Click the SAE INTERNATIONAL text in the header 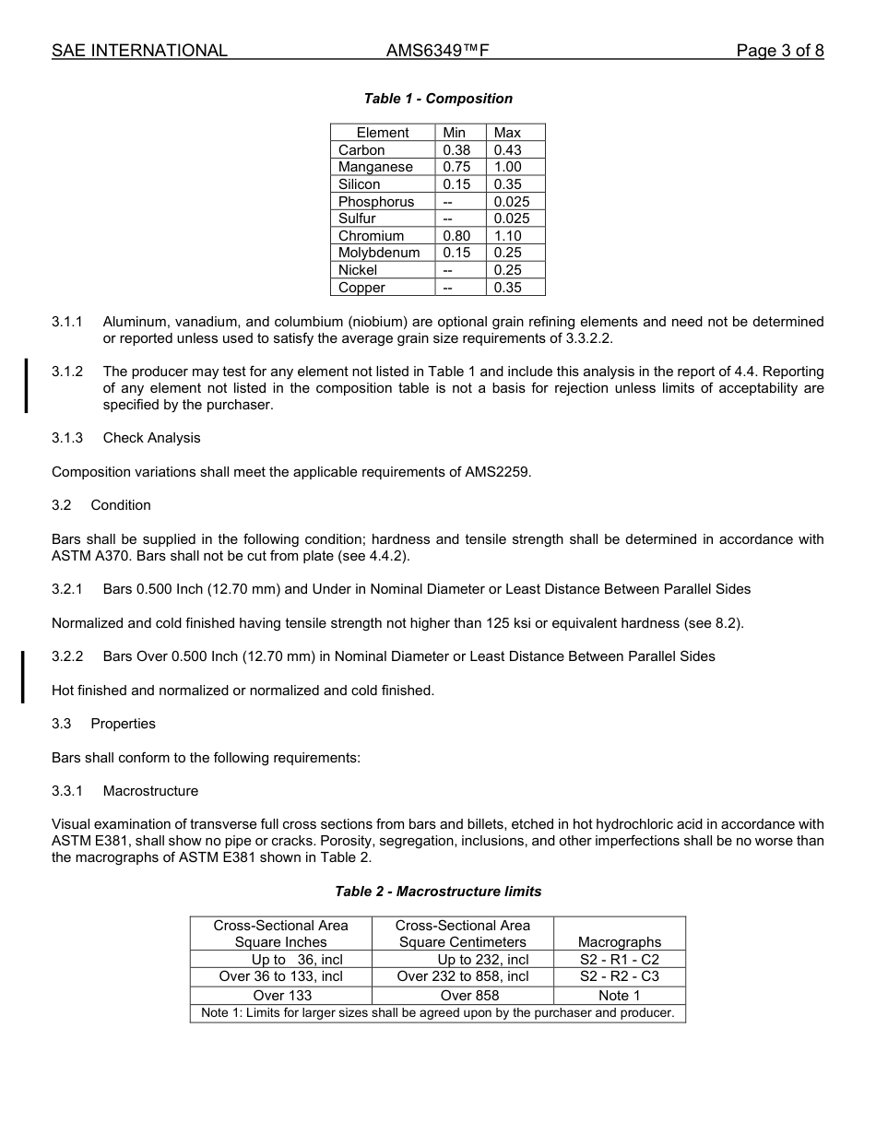[x=139, y=51]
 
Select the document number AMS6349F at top [x=437, y=51]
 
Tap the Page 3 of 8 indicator [x=779, y=51]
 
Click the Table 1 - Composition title [x=438, y=99]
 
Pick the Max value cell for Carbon [x=507, y=150]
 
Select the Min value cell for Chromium [x=456, y=236]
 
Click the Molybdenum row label [x=379, y=253]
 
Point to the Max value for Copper [x=507, y=288]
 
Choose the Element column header [x=383, y=133]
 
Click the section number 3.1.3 [x=67, y=438]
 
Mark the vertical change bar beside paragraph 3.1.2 [x=26, y=386]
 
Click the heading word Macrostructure [x=150, y=791]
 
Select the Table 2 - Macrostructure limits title [x=438, y=892]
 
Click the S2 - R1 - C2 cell [x=619, y=960]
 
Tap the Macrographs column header [x=619, y=942]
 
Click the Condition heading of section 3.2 [x=121, y=505]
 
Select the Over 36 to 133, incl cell [x=280, y=976]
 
